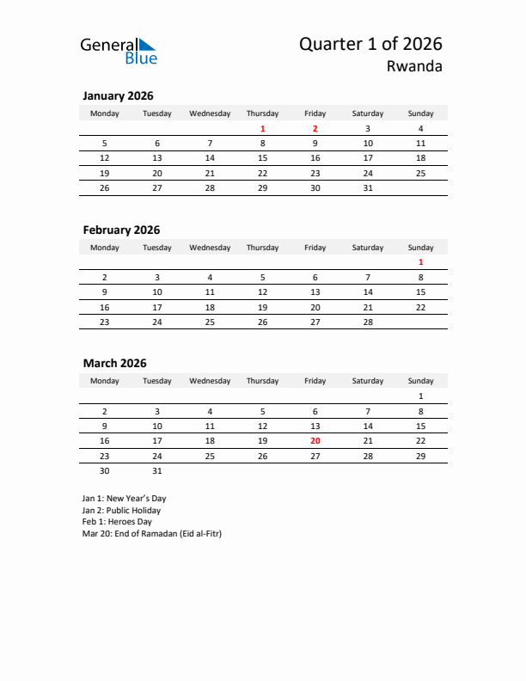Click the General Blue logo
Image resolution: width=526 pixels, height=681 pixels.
119,51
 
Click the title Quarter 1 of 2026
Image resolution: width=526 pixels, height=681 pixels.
370,44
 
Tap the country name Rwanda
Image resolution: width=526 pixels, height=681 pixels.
415,67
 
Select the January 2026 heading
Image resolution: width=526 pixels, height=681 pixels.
118,96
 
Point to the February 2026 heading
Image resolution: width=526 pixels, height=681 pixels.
121,230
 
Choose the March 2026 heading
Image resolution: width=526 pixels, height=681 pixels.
114,364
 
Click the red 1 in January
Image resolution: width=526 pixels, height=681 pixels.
262,129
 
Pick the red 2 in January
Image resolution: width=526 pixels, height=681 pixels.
315,129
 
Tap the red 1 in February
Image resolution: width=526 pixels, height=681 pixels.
420,262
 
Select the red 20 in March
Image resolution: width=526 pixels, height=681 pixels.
315,440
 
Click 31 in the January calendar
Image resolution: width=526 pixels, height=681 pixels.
368,187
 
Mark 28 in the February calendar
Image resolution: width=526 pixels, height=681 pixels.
368,322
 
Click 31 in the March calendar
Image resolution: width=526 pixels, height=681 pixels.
157,470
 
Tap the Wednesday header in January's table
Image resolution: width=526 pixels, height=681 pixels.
210,113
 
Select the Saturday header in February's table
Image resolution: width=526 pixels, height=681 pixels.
368,248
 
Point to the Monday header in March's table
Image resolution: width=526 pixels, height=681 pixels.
105,381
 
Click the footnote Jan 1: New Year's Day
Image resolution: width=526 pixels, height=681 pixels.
124,498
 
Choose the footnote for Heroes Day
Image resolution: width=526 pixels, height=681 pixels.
117,521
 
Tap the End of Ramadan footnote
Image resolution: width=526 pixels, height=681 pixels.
152,533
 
